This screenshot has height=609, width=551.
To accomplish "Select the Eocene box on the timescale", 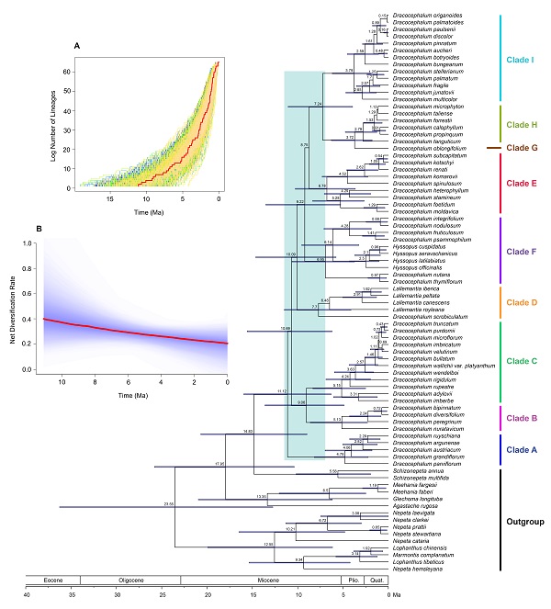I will tap(54, 580).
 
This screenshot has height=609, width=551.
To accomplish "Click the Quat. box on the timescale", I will tap(377, 580).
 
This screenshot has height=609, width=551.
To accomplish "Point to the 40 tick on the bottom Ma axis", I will tap(27, 594).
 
